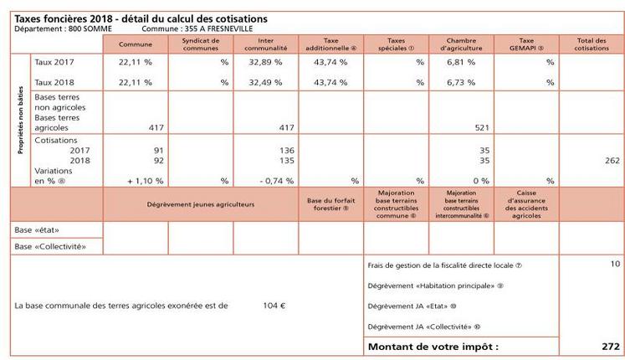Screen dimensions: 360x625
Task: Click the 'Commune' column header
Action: coord(136,44)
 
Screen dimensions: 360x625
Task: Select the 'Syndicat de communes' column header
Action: coord(201,44)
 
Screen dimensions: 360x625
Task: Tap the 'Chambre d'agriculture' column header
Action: coord(461,44)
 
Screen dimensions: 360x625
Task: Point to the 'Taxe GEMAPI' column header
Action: coord(526,44)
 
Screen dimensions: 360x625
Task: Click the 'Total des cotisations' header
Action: coord(591,44)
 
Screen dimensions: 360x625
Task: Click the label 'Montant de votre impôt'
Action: coord(433,346)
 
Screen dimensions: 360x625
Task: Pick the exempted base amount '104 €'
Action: coord(274,306)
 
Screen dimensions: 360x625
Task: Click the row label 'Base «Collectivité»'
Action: coord(49,246)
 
